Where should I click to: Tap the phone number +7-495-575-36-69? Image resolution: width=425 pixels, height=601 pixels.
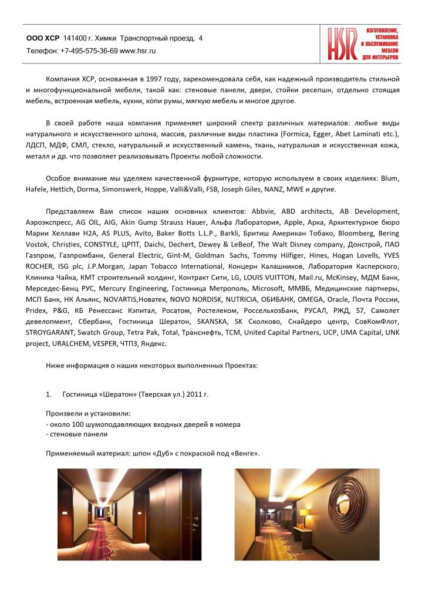point(89,51)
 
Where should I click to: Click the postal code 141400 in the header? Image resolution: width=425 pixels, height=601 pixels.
point(75,38)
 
